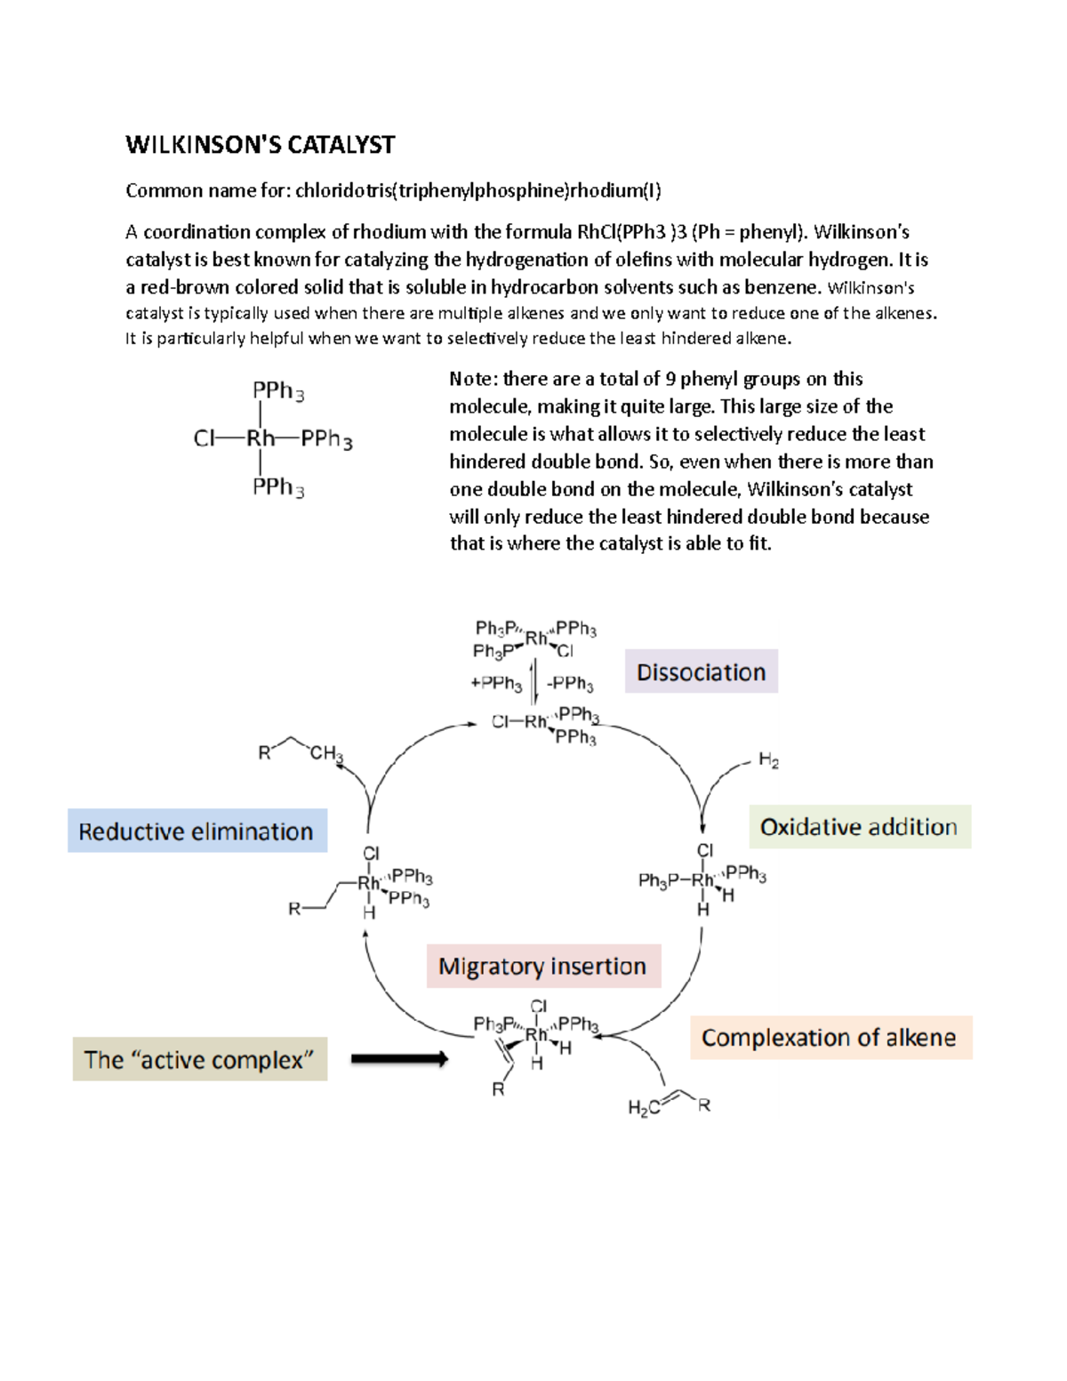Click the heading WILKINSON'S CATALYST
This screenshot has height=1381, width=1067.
pyautogui.click(x=260, y=145)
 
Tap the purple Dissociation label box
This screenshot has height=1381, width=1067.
pyautogui.click(x=701, y=672)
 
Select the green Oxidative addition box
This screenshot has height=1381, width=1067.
pyautogui.click(x=859, y=827)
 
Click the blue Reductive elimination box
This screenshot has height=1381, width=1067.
pyautogui.click(x=197, y=831)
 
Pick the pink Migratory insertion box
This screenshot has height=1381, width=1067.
pyautogui.click(x=542, y=967)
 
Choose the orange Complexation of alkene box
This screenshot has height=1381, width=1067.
pyautogui.click(x=830, y=1038)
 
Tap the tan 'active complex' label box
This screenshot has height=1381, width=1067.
pyautogui.click(x=199, y=1060)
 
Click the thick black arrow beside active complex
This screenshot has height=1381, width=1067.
pyautogui.click(x=399, y=1058)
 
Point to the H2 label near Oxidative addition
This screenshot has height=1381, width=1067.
pyautogui.click(x=768, y=760)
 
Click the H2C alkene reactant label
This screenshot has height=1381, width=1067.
pyautogui.click(x=643, y=1107)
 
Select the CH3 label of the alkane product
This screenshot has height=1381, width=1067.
pyautogui.click(x=325, y=753)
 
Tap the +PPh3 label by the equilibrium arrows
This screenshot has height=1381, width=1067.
pyautogui.click(x=496, y=683)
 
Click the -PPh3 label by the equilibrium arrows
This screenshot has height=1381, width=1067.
pyautogui.click(x=570, y=683)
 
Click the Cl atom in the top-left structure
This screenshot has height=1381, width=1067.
pyautogui.click(x=204, y=438)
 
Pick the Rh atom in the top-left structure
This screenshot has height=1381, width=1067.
pyautogui.click(x=261, y=438)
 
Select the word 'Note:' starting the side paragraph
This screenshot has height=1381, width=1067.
pyautogui.click(x=473, y=379)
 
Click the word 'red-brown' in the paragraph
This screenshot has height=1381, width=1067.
pyautogui.click(x=185, y=287)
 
